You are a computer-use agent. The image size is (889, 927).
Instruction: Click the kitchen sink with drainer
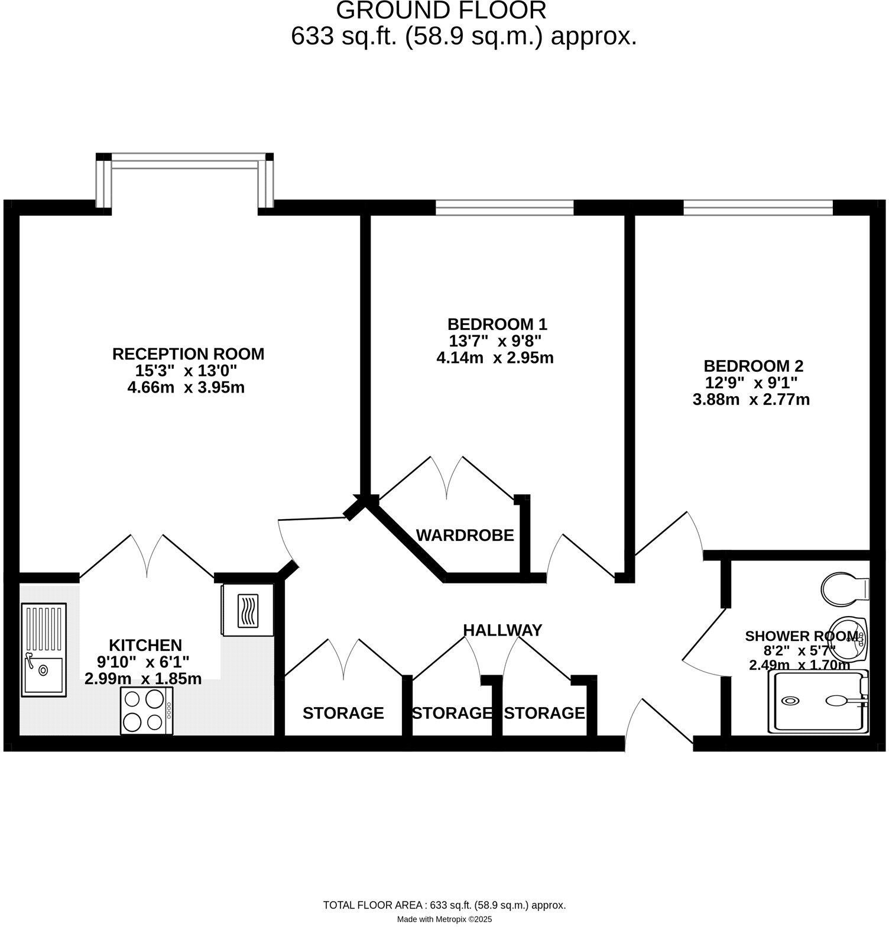(x=43, y=649)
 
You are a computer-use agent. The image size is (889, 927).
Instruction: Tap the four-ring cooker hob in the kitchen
(x=146, y=711)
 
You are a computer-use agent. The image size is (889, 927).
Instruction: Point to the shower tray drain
(x=790, y=701)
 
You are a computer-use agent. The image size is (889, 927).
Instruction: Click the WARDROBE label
(x=465, y=536)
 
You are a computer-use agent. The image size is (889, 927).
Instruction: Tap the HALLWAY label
(x=502, y=630)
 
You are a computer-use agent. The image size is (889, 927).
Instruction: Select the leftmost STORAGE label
(x=343, y=713)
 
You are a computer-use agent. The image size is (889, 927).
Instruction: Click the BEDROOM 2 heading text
(x=753, y=366)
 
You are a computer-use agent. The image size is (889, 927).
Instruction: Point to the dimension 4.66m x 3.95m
(x=186, y=388)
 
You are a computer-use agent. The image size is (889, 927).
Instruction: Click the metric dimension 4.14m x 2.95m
(x=495, y=358)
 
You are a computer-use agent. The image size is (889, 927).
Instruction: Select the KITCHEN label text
(x=145, y=645)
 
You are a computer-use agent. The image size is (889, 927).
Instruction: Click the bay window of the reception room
(x=185, y=162)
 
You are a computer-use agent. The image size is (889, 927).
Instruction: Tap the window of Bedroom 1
(x=504, y=207)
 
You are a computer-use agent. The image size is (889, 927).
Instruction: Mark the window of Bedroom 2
(x=758, y=207)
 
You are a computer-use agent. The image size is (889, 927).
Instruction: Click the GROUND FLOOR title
(x=441, y=10)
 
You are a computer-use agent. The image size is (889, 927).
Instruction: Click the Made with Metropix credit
(x=444, y=919)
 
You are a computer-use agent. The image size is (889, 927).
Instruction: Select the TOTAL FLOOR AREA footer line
(x=444, y=905)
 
